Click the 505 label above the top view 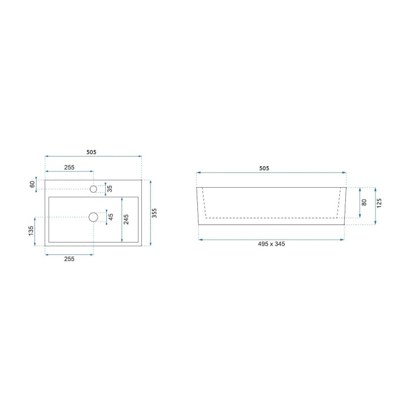pos(92,152)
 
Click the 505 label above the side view pos(264,168)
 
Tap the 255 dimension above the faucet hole pos(70,167)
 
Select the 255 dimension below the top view pos(70,259)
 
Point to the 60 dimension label pos(32,184)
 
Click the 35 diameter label pos(110,188)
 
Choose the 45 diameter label pos(111,217)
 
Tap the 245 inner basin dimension pos(126,219)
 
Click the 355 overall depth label pos(154,213)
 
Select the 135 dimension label pos(31,231)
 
